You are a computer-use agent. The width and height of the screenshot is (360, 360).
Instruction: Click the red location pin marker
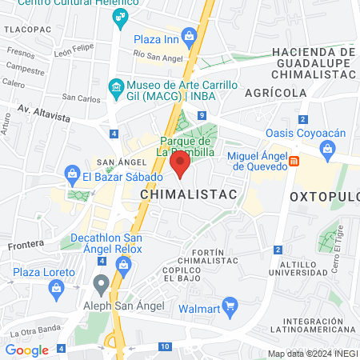click(x=180, y=165)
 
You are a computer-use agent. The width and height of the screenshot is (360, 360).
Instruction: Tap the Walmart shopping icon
click(x=230, y=304)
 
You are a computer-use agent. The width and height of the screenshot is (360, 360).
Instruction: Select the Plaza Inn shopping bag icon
click(x=189, y=35)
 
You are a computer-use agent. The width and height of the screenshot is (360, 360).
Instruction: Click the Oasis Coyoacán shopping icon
click(x=327, y=148)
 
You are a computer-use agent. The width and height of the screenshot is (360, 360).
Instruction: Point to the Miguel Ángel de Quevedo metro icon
click(x=294, y=161)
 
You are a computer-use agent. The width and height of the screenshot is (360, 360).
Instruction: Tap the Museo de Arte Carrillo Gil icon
click(x=117, y=86)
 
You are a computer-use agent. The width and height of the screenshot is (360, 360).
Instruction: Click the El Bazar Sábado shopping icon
click(x=72, y=173)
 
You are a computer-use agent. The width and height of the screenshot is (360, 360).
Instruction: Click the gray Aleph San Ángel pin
click(x=101, y=282)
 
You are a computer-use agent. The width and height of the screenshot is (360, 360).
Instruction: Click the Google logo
click(x=26, y=350)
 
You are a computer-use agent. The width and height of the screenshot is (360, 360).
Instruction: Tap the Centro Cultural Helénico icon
click(x=121, y=17)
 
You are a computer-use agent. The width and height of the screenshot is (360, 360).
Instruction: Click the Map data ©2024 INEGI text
click(x=311, y=354)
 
